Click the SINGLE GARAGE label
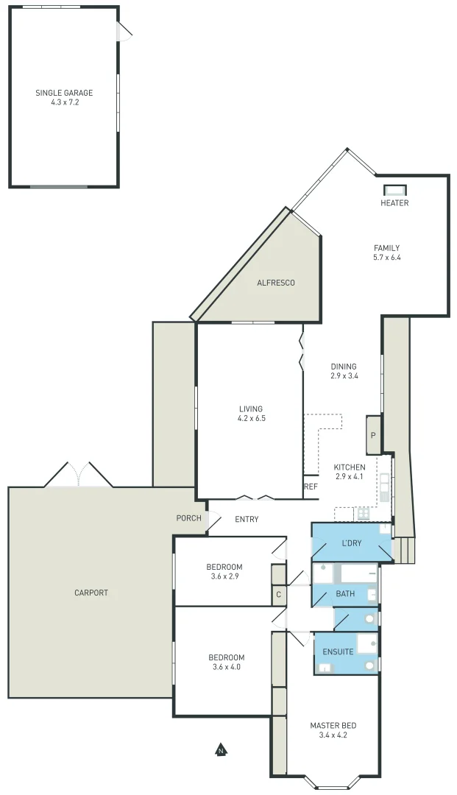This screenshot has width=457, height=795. pyautogui.click(x=64, y=93)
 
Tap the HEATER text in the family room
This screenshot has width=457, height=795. pyautogui.click(x=394, y=203)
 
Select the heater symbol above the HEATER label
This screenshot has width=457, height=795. pyautogui.click(x=394, y=189)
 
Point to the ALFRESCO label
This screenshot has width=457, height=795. pyautogui.click(x=275, y=283)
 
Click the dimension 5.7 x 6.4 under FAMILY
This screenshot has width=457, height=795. pyautogui.click(x=386, y=258)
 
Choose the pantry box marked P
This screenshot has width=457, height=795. pyautogui.click(x=373, y=435)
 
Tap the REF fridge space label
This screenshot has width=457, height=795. pyautogui.click(x=311, y=487)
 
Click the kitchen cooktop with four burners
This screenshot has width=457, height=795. pyautogui.click(x=364, y=513)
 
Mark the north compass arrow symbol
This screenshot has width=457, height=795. pyautogui.click(x=220, y=750)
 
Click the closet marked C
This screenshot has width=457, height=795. pyautogui.click(x=278, y=594)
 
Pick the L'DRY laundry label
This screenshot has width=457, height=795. pyautogui.click(x=351, y=543)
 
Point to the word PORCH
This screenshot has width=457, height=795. pyautogui.click(x=188, y=518)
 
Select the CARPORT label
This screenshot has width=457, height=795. pyautogui.click(x=91, y=593)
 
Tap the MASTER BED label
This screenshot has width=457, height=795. pyautogui.click(x=333, y=726)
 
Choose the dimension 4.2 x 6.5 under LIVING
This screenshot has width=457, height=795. pyautogui.click(x=250, y=418)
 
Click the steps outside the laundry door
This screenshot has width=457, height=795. pyautogui.click(x=404, y=550)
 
